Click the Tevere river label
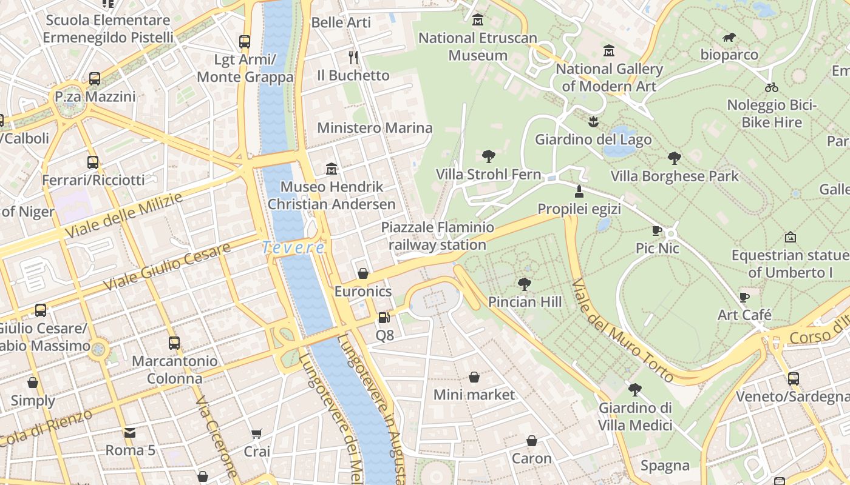pos(294,247)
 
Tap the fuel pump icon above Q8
pos(383,317)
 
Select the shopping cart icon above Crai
pos(256,433)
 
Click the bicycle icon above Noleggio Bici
pos(772,87)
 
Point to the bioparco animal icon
pos(729,38)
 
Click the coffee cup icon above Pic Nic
pos(656,230)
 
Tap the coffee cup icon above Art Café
pos(744,297)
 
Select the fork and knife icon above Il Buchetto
pos(353,58)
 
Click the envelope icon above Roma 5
pos(130,433)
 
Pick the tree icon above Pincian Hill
pos(524,284)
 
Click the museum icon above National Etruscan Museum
pos(478,20)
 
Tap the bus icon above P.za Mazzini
pos(95,79)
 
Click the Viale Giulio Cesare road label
pos(167,267)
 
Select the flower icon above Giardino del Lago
pos(593,122)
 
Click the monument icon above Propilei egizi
pos(579,192)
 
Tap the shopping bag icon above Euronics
pos(363,273)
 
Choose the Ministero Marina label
pos(375,128)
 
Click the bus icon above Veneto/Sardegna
pos(793,379)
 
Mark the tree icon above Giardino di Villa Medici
pos(635,389)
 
